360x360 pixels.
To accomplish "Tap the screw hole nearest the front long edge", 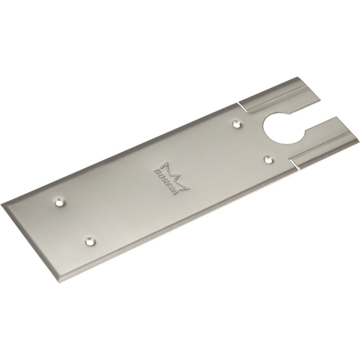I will click(x=90, y=241).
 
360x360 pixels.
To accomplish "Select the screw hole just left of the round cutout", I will click(x=235, y=123).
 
